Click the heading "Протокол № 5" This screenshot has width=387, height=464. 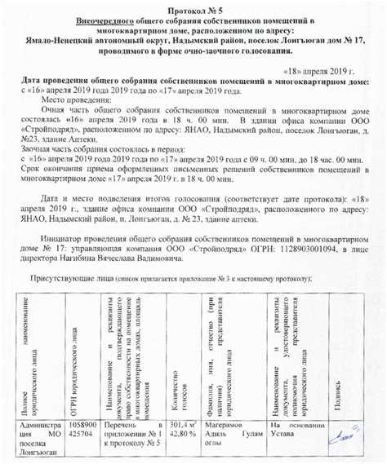pyautogui.click(x=194, y=9)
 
